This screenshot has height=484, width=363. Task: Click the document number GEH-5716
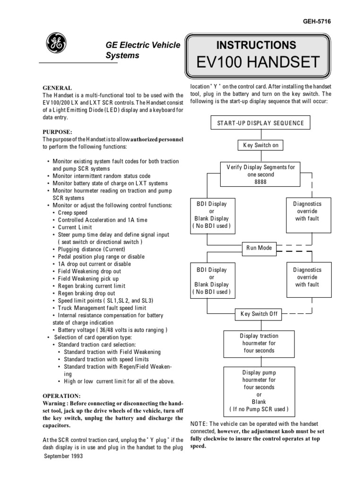(333, 22)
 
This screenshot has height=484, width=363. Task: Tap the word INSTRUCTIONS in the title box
(256, 45)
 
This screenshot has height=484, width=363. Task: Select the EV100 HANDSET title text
(256, 62)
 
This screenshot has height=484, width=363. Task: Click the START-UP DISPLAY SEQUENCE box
(260, 124)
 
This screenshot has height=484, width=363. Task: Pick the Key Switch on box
(260, 145)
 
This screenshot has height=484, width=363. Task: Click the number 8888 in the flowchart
(260, 182)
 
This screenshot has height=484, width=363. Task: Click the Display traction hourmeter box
(259, 343)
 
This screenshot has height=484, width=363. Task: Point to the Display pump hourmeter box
(259, 390)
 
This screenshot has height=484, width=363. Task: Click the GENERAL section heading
(58, 88)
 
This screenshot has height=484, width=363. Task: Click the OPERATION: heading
(62, 395)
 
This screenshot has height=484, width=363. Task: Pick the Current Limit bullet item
(75, 227)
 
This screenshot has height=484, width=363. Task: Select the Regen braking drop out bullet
(86, 293)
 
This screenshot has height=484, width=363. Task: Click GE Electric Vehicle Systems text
(142, 50)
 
